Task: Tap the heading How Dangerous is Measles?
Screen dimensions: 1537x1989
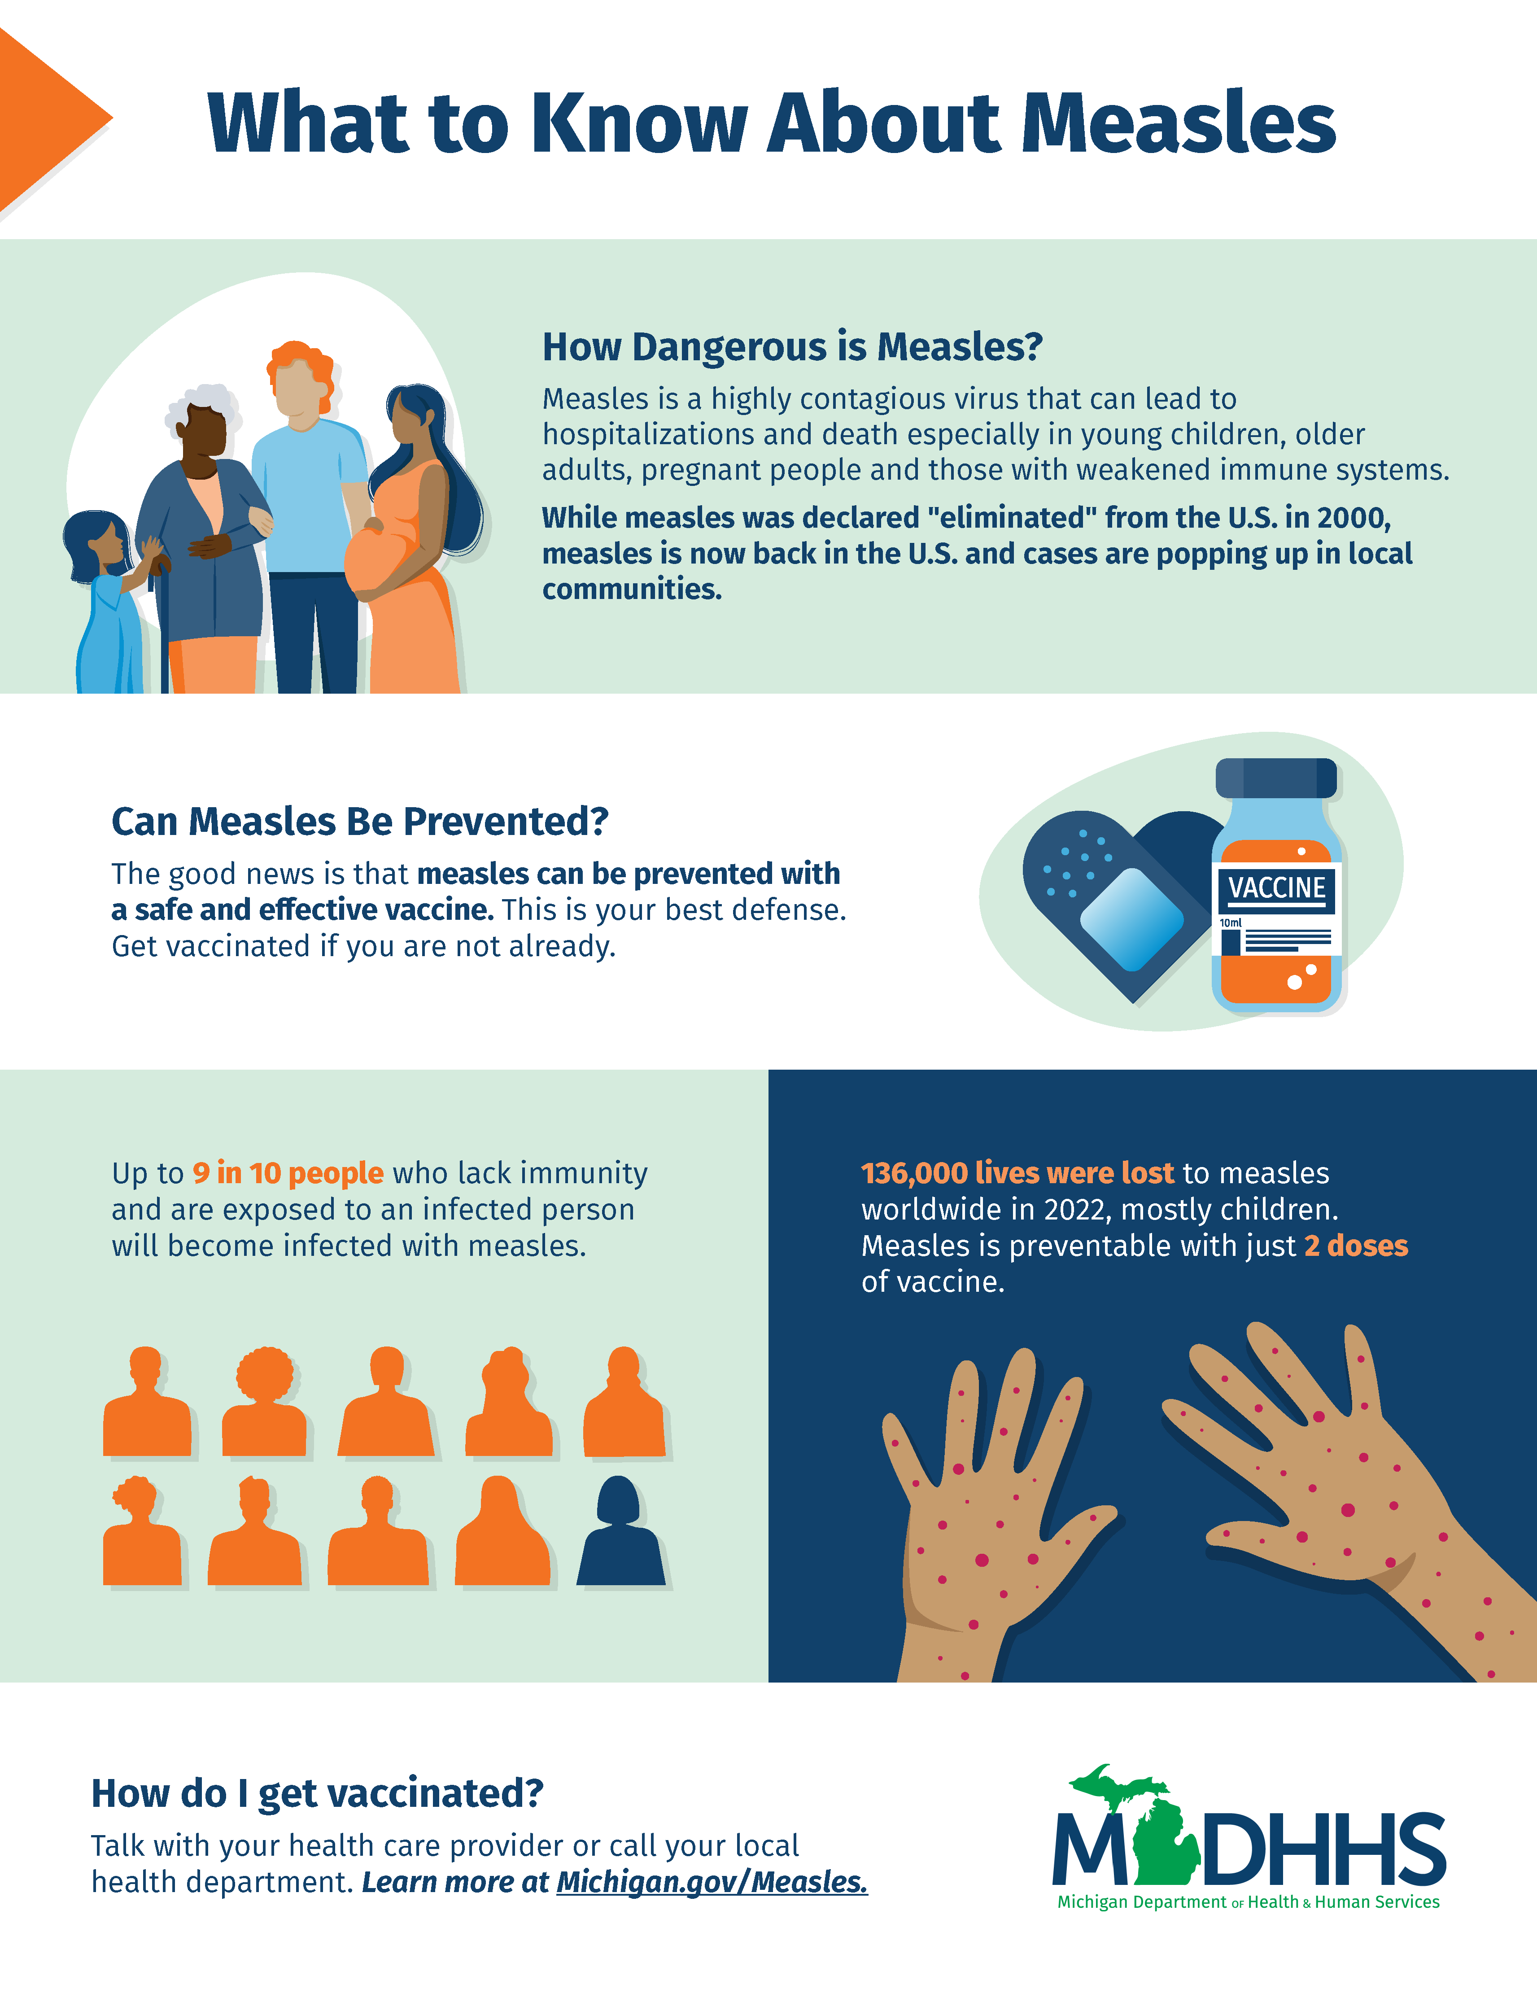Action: (x=792, y=347)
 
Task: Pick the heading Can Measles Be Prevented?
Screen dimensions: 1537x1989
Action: (x=360, y=822)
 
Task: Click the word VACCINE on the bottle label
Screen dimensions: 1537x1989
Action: (x=1277, y=888)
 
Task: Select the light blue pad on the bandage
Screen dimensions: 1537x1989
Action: (x=1132, y=919)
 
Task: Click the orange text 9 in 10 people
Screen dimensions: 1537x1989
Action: (x=288, y=1173)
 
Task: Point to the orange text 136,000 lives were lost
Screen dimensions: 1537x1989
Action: (x=1018, y=1173)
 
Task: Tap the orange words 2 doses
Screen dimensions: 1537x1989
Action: (x=1356, y=1246)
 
